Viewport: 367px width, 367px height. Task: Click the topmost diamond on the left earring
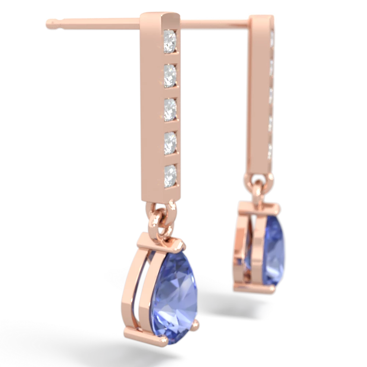171,37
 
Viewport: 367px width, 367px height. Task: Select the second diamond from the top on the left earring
171,72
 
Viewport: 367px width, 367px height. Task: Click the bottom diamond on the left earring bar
171,172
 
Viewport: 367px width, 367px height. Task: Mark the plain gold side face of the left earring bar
150,110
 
